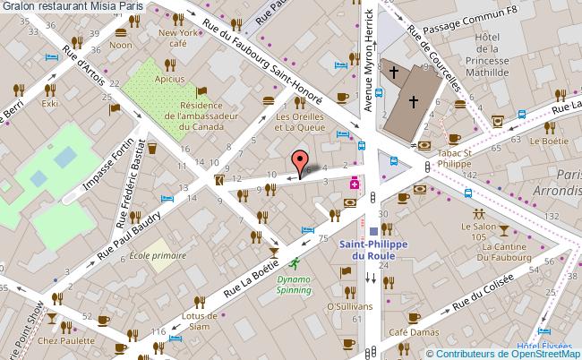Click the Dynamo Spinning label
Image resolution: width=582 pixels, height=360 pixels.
coord(293,284)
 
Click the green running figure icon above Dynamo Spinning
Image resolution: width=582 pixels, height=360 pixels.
coord(294,263)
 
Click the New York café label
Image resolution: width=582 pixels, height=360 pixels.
coord(178,38)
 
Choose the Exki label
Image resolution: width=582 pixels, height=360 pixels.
coord(48,103)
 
